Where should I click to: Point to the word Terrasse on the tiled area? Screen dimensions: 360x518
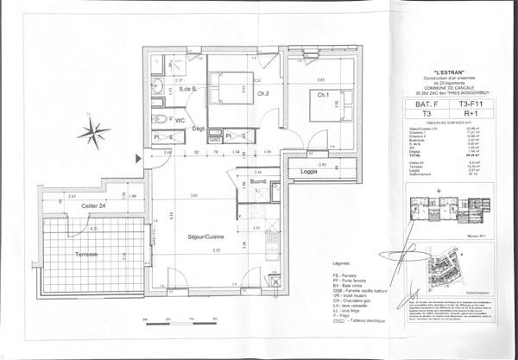(85, 257)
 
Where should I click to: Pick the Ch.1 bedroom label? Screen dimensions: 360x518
(324, 94)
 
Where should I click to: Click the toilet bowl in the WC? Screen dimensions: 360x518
(158, 119)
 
